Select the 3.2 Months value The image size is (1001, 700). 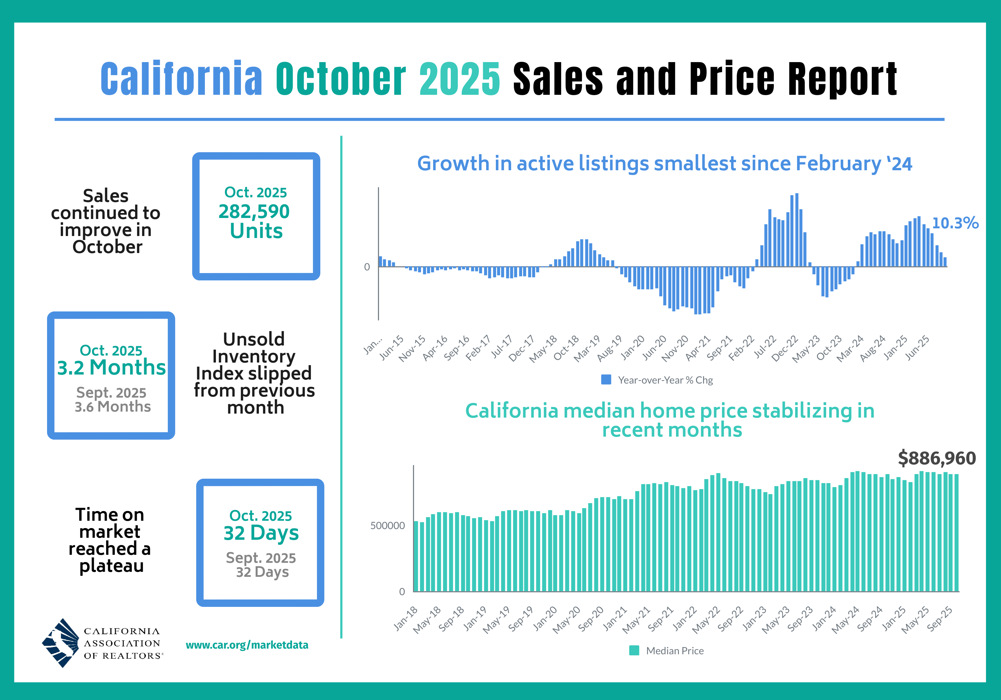[111, 368]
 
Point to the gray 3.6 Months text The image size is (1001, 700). [112, 407]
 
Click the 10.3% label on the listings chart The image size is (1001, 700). [955, 223]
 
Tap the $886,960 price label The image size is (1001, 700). [937, 458]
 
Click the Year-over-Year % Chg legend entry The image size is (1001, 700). [657, 380]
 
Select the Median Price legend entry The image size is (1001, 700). [667, 651]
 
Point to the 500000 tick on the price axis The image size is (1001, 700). [387, 525]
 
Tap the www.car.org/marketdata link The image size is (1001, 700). [247, 645]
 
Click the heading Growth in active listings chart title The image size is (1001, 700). [664, 164]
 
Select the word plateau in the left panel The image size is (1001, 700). [111, 566]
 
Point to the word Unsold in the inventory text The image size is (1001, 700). [254, 339]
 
